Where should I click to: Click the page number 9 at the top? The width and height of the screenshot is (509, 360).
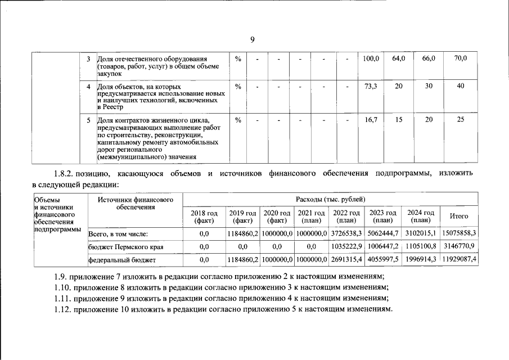253,39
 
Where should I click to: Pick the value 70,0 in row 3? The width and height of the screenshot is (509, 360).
460,58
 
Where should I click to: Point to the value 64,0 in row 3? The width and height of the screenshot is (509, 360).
399,58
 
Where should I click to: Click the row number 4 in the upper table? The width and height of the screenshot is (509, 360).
89,87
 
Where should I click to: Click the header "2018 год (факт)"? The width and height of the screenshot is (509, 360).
204,217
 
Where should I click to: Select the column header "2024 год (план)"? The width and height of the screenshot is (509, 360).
421,217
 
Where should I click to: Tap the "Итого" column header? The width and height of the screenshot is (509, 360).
459,217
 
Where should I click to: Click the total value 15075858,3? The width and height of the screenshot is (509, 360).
459,233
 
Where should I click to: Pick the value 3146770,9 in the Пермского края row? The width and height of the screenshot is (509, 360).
459,246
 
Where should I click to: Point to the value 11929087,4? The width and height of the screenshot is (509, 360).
459,259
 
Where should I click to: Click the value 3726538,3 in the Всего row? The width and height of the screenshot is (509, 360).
346,233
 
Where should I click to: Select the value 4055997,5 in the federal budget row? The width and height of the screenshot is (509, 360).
382,259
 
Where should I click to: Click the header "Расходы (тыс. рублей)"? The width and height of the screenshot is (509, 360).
330,199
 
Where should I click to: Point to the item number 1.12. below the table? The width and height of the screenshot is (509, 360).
62,310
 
